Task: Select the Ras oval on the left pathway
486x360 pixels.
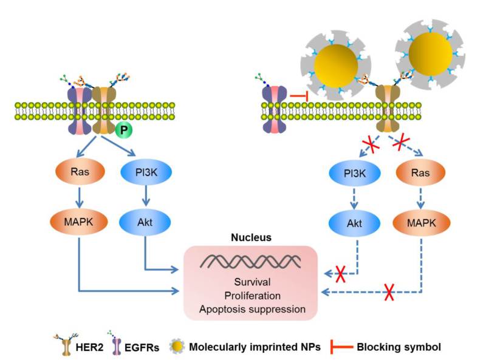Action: [81, 172]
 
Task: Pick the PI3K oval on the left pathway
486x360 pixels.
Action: [145, 172]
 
